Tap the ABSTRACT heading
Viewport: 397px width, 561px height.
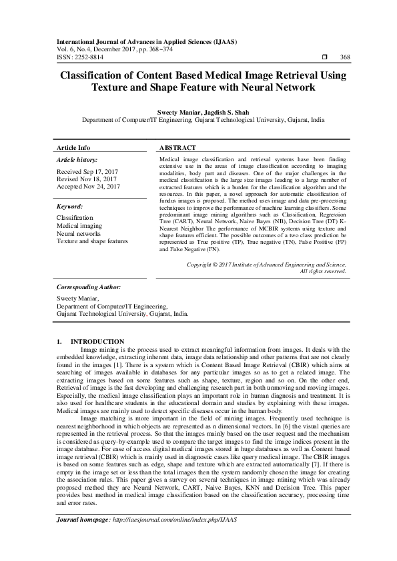click(177, 147)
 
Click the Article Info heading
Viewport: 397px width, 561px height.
click(73, 147)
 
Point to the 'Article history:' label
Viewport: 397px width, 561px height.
click(77, 161)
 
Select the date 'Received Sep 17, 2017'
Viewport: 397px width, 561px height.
click(88, 173)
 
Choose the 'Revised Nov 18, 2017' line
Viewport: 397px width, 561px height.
click(87, 180)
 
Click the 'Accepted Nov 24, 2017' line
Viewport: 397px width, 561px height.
click(88, 187)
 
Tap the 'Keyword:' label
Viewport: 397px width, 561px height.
click(69, 207)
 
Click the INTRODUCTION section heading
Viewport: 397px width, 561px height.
click(97, 341)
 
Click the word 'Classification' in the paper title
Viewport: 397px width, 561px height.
click(94, 75)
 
